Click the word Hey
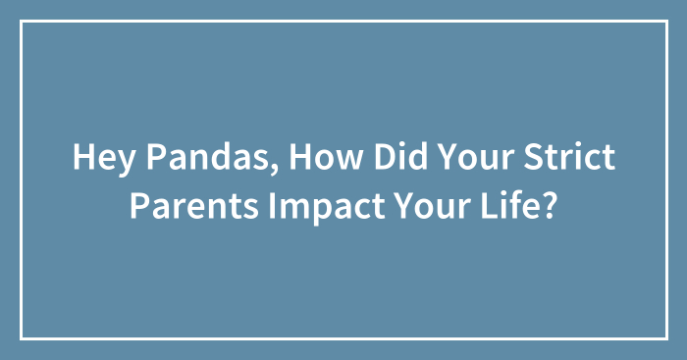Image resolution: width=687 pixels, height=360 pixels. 98,158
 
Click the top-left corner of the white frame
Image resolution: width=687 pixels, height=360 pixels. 22,22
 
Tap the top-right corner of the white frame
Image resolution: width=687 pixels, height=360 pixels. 666,22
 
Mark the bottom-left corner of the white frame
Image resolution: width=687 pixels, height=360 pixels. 22,338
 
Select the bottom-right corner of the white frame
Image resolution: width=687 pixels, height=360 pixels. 666,338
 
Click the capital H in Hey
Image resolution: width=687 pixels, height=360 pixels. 81,158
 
